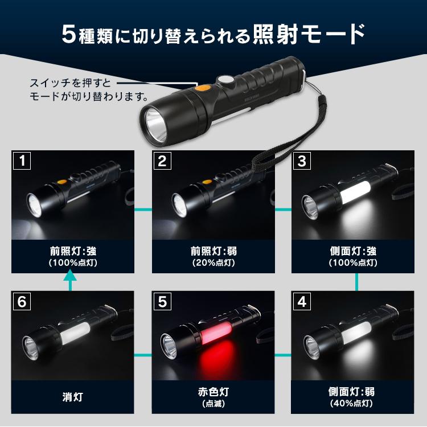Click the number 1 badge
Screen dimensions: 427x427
point(22,161)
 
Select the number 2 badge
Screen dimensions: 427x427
point(162,161)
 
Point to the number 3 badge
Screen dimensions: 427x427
point(302,161)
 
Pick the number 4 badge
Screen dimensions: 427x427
point(302,301)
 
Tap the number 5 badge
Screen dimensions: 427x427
point(162,301)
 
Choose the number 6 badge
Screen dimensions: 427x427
point(22,301)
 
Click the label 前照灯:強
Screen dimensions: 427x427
point(72,251)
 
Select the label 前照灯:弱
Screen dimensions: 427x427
point(212,251)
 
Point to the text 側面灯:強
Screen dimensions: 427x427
point(352,251)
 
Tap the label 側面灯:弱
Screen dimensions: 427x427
point(352,392)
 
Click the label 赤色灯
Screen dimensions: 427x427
point(212,392)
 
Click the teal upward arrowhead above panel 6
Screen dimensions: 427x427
point(70,276)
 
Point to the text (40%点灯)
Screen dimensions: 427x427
point(352,404)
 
